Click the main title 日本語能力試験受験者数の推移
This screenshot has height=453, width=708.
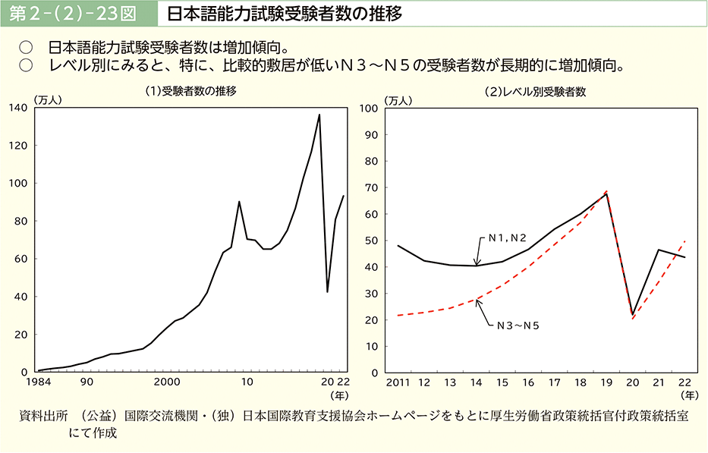pos(285,14)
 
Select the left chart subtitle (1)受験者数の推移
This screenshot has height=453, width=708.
pos(190,91)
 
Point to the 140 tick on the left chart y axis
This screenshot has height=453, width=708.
pos(17,108)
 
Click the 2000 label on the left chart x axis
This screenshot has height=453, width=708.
pos(166,382)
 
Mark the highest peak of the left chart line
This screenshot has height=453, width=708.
pos(319,115)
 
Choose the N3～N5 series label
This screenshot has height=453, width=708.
pos(519,326)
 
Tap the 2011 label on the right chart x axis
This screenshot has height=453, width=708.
pos(398,382)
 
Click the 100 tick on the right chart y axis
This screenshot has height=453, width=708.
pos(370,108)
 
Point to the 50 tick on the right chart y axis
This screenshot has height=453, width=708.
pos(372,241)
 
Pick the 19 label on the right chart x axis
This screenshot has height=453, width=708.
pos(606,382)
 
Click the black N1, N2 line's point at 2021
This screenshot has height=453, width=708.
pos(658,250)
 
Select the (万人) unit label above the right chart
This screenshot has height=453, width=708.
pos(398,99)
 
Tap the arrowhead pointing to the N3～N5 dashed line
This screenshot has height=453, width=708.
pos(477,301)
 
